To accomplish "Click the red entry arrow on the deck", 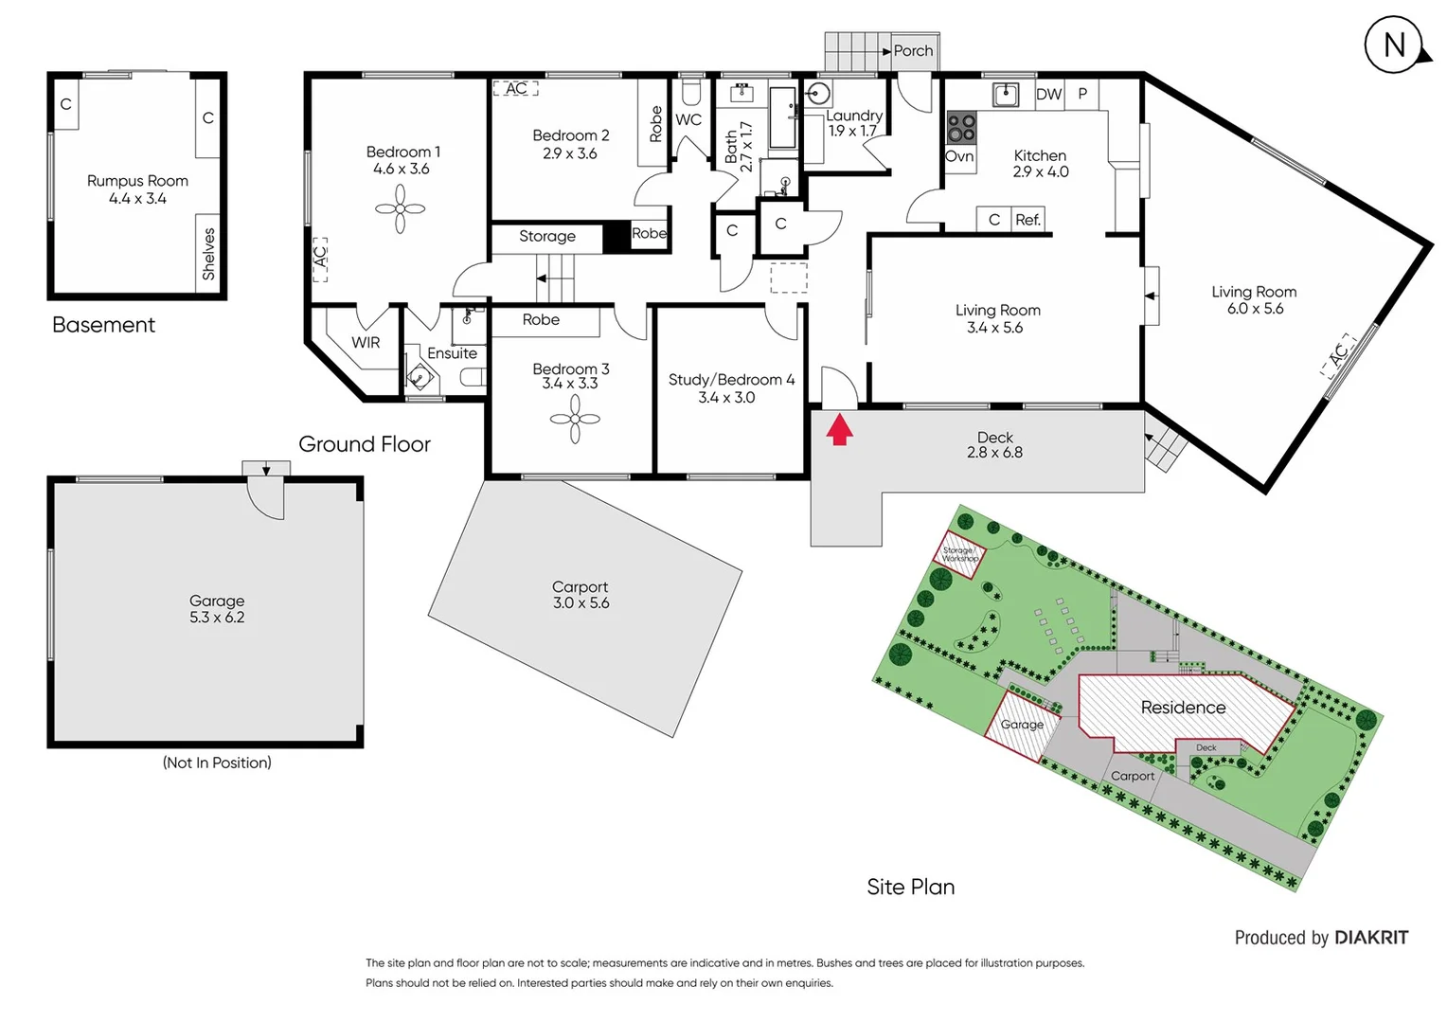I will click(x=839, y=430).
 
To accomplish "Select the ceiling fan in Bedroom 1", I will click(x=400, y=208).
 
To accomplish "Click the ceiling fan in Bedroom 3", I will click(x=575, y=418).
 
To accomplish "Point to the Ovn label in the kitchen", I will click(x=959, y=156).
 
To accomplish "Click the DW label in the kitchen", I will click(x=1048, y=94).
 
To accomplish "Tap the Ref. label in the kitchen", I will click(x=1027, y=220).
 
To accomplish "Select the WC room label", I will click(x=688, y=119).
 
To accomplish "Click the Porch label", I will click(x=913, y=51).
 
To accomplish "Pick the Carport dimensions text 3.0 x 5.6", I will click(x=581, y=603).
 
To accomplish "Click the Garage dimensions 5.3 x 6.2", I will click(x=217, y=618).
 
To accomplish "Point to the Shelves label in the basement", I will click(x=208, y=254).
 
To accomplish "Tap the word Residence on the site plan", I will click(x=1183, y=708).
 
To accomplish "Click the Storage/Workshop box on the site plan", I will click(x=959, y=554).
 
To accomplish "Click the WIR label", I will click(x=366, y=342).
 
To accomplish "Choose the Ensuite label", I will click(x=452, y=353).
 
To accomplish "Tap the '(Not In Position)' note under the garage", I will click(x=217, y=763).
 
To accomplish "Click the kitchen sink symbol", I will click(x=1005, y=95).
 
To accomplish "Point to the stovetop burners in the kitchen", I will click(x=961, y=127).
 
